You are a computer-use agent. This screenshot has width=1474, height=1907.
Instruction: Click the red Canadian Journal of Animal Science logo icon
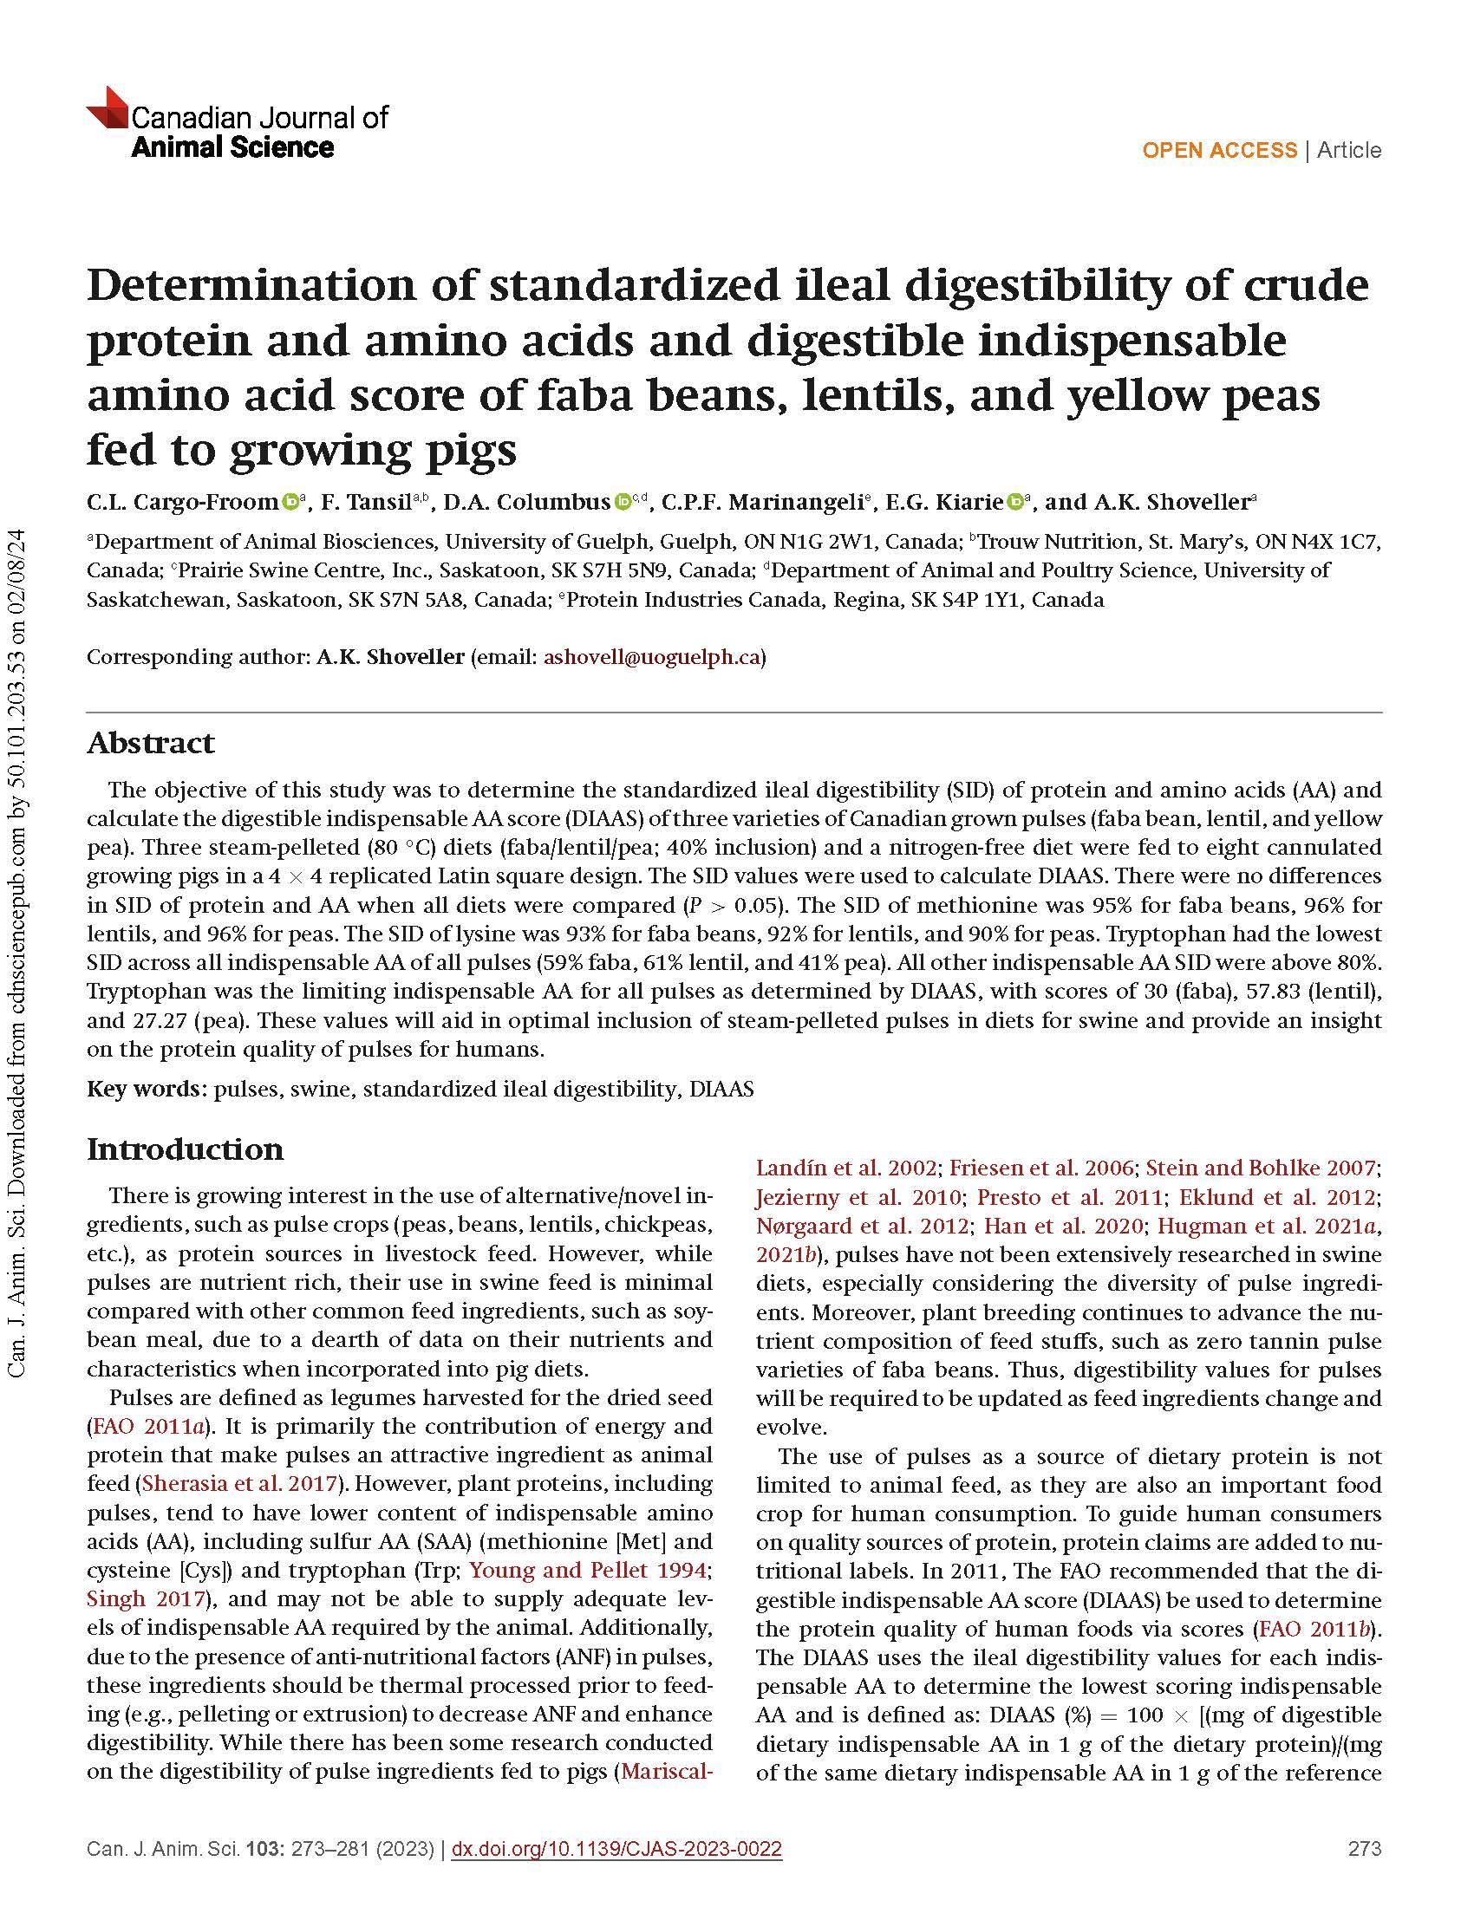[x=108, y=109]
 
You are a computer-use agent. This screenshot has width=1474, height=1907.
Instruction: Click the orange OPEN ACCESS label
[x=1219, y=150]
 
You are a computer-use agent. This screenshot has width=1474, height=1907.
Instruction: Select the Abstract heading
[x=150, y=743]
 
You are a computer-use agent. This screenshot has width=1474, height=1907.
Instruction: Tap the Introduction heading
[x=186, y=1149]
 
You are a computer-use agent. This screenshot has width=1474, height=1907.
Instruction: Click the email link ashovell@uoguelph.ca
[x=651, y=657]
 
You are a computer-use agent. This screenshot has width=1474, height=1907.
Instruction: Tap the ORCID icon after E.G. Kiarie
[x=1015, y=502]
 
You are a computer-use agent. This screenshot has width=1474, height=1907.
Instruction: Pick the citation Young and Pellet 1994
[x=587, y=1570]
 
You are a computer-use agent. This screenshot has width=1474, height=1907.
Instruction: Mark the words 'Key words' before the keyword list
[x=145, y=1089]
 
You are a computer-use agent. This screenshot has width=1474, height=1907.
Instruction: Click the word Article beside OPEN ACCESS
[x=1349, y=150]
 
